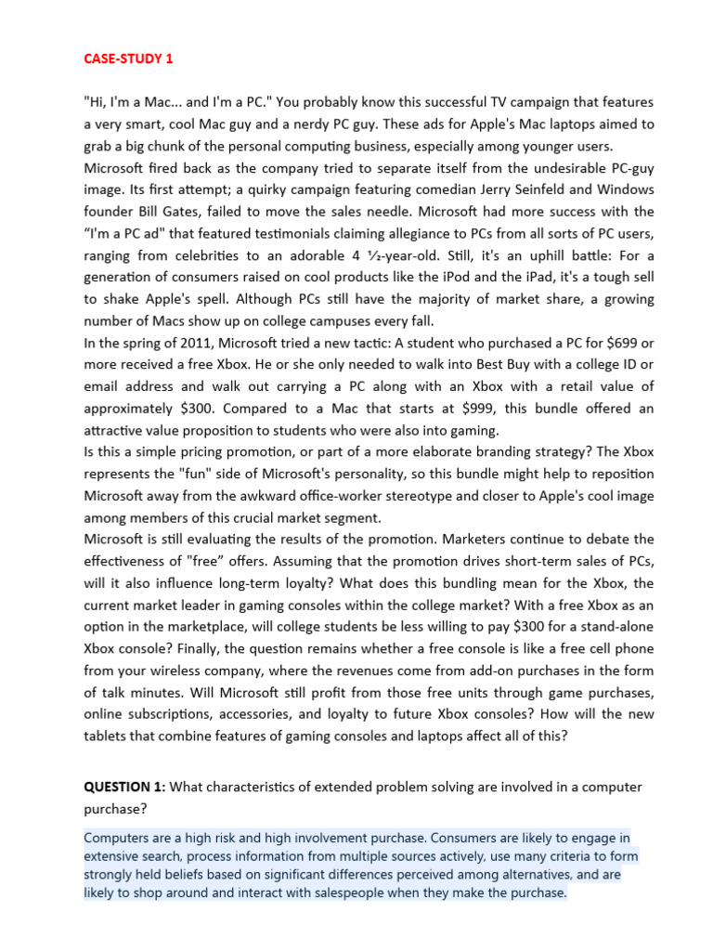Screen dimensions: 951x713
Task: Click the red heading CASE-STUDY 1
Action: (x=128, y=59)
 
